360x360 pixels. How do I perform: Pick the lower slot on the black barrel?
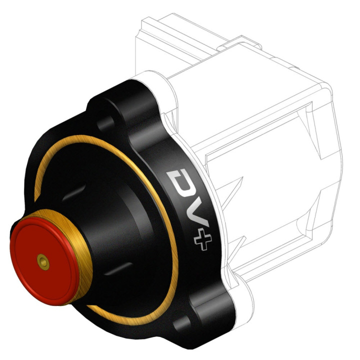(x=114, y=270)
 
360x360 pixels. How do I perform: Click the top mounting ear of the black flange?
(x=117, y=102)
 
